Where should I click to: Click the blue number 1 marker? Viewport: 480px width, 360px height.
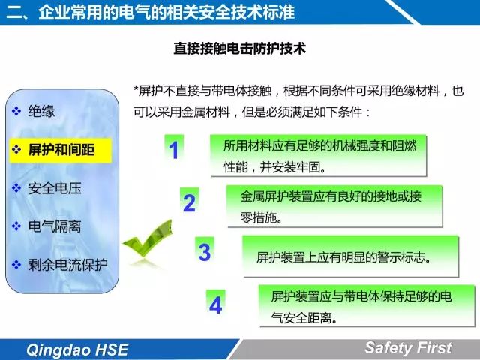tap(174, 150)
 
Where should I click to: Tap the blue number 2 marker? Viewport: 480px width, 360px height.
tap(189, 202)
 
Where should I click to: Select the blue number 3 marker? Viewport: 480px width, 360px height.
tap(205, 252)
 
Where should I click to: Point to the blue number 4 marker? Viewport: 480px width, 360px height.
tap(215, 304)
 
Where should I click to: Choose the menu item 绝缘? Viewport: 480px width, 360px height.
tap(41, 111)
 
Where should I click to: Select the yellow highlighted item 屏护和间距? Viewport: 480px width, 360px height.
tap(61, 150)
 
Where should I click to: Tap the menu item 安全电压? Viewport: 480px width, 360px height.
tap(55, 188)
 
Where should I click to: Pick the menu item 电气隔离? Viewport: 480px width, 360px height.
tap(55, 226)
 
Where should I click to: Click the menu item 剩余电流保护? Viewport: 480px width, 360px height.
tap(68, 265)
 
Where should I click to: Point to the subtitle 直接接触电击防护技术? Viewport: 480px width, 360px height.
tap(240, 48)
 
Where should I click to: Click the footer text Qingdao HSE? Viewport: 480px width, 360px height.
tap(77, 349)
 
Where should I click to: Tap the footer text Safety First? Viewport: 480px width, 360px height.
tap(408, 347)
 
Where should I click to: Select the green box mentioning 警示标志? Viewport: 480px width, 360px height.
tap(351, 256)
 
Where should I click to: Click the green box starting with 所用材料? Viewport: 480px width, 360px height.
tap(318, 155)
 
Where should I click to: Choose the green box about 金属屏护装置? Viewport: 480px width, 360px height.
tap(334, 206)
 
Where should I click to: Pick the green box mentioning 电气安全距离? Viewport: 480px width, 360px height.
tap(367, 305)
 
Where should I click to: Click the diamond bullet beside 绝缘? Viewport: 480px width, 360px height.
tap(16, 111)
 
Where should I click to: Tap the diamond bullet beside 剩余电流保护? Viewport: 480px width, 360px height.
tap(16, 265)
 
